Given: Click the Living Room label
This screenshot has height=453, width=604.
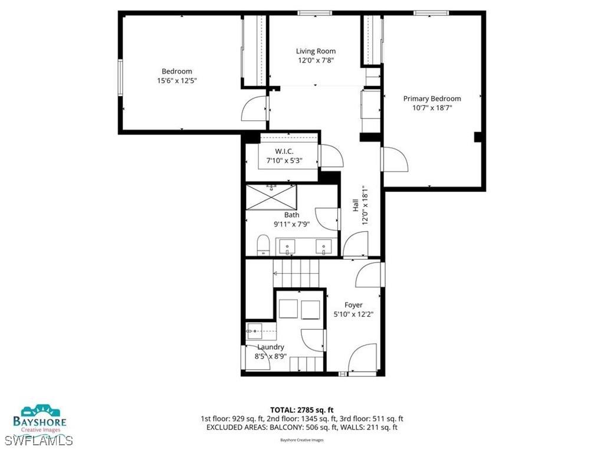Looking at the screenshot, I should click(316, 51).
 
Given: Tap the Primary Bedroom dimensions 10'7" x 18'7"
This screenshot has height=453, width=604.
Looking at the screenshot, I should click(432, 108).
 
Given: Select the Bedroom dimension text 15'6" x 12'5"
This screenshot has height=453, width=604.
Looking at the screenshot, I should click(176, 81).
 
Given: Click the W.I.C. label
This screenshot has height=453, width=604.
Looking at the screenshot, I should click(284, 152).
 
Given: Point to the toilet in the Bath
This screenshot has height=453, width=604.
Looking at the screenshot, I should click(263, 244).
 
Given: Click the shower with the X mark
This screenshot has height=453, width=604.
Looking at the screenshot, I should click(271, 197).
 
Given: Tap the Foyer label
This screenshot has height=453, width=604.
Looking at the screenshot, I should click(353, 305).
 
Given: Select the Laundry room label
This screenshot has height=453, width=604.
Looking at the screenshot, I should click(270, 347).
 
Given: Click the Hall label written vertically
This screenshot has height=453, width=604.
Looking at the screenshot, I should click(356, 205).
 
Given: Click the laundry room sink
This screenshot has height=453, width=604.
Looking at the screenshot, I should click(254, 331).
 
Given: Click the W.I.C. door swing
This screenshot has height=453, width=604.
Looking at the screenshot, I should click(331, 156).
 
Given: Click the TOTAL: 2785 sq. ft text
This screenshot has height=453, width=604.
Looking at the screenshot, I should click(302, 409).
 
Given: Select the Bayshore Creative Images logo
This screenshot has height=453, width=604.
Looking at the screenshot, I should click(44, 418).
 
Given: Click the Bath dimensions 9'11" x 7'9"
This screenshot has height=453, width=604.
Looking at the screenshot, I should click(291, 224).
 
